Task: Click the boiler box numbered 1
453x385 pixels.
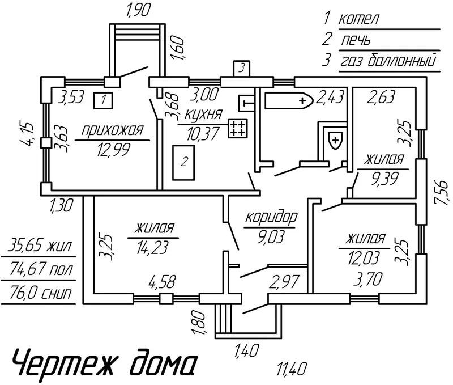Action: click(103, 100)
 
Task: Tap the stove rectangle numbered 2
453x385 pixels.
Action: click(183, 162)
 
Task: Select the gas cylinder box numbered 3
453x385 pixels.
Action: click(242, 69)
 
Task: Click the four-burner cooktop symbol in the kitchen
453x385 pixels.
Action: click(237, 128)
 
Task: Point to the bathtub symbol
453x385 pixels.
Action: click(289, 101)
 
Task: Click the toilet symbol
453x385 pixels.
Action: click(335, 140)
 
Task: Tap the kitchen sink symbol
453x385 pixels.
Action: click(246, 103)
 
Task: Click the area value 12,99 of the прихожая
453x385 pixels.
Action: click(114, 150)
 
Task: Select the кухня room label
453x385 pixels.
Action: click(204, 115)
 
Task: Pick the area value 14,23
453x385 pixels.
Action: click(152, 248)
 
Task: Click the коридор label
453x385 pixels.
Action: click(271, 218)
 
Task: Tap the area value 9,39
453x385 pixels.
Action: click(385, 179)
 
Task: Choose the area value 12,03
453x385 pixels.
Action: click(364, 259)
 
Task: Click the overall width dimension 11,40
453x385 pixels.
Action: click(291, 369)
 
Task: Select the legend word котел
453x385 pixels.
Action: click(358, 19)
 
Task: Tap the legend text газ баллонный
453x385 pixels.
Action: click(388, 61)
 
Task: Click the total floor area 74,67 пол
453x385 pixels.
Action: click(41, 269)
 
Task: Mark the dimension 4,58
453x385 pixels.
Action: click(163, 281)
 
